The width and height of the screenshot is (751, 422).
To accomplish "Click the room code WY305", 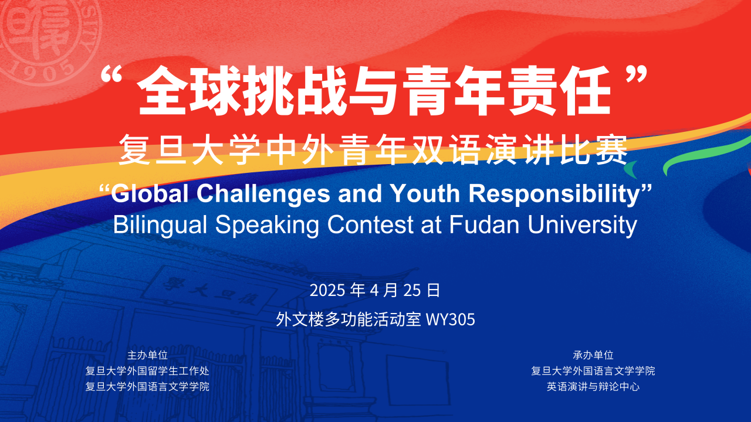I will click(450, 320).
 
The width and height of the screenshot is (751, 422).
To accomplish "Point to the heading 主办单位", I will click(147, 355).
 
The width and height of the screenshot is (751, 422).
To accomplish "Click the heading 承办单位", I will click(593, 355).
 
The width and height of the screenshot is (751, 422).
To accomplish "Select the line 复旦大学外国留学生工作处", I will click(147, 371).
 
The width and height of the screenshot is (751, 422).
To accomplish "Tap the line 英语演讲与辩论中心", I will click(593, 387).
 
